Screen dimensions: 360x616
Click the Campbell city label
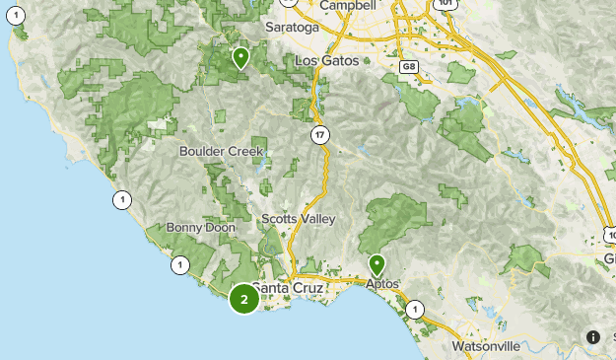tap(349, 5)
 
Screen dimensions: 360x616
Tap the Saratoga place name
tap(293, 28)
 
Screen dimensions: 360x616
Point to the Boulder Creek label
tap(221, 152)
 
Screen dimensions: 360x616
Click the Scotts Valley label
tap(299, 218)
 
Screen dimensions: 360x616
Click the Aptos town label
tap(382, 284)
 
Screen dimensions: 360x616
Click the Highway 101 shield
tap(447, 5)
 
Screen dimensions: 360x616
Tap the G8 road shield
tap(409, 66)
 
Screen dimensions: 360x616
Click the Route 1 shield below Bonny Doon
tap(180, 264)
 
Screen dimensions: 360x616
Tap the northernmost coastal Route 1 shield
tap(121, 200)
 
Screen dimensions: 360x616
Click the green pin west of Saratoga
tap(240, 58)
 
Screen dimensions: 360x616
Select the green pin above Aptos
tap(377, 264)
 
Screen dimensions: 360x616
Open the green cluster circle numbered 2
tap(243, 299)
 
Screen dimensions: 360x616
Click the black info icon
tap(593, 336)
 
